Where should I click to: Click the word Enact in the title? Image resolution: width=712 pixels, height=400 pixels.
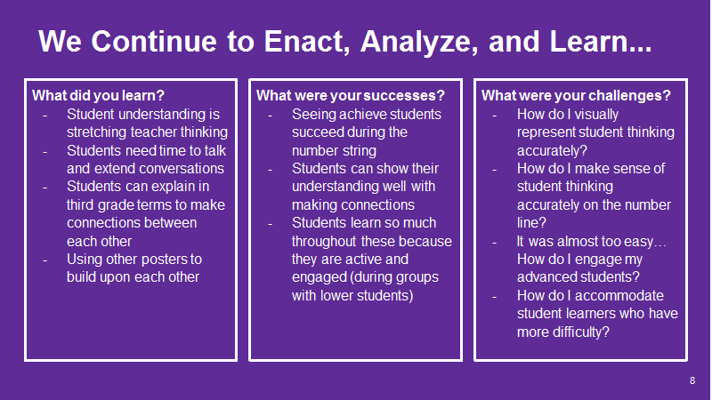click(306, 42)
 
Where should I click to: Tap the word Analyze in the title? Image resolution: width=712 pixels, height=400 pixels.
click(419, 43)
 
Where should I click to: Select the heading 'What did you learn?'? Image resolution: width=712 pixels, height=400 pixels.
click(98, 96)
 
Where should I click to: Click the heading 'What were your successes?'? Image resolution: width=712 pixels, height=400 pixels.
click(351, 96)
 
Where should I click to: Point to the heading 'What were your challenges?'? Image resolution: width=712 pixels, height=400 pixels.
click(576, 96)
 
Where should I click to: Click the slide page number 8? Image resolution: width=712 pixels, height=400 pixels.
click(692, 380)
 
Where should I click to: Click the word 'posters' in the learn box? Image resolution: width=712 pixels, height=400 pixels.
click(155, 260)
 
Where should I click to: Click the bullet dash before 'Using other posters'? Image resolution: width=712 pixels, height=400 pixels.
click(45, 260)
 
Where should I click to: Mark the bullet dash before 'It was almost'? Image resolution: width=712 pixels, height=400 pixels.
click(495, 242)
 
